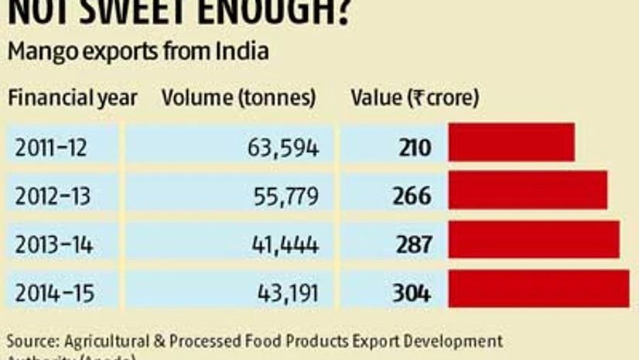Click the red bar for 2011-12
tap(511, 142)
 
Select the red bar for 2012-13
tap(528, 190)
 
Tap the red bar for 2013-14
tap(534, 239)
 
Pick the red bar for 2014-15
tap(538, 289)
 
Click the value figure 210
tap(415, 147)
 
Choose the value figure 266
tap(412, 196)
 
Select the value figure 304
tap(411, 294)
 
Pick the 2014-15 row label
tap(52, 294)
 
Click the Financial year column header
tap(72, 98)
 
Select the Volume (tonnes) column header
tap(238, 98)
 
